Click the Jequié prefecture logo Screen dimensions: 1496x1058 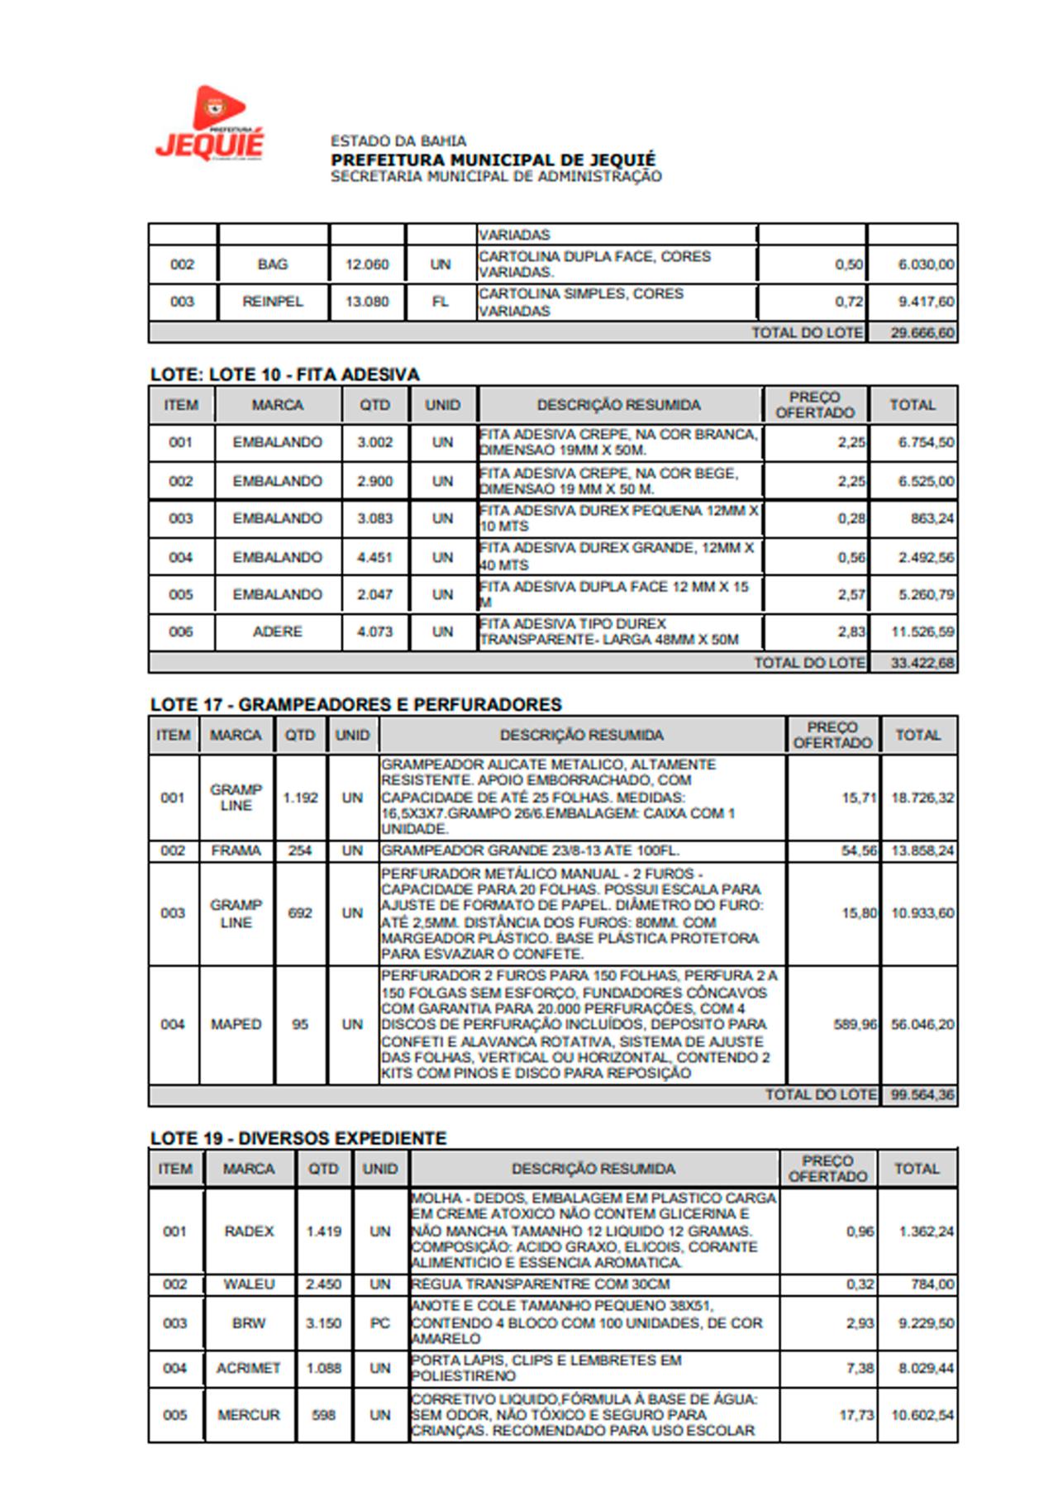coord(211,124)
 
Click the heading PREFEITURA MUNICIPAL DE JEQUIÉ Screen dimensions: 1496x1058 coord(493,160)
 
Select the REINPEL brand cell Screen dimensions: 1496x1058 coord(273,302)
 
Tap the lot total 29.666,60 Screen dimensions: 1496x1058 coord(922,333)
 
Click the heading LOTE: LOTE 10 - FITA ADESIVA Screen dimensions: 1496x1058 coord(285,374)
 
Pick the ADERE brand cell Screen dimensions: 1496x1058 coord(278,631)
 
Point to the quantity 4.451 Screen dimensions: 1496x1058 coord(374,557)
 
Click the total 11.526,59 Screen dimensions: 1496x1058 coord(922,631)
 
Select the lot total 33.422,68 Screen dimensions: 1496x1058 coord(922,663)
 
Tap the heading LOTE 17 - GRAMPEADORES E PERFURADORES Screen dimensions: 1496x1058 coord(355,705)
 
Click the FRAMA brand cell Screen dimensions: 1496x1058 coord(236,850)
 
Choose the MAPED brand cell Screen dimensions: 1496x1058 coord(236,1024)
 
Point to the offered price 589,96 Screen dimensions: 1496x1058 coord(855,1024)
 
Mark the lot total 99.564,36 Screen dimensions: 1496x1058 coord(922,1095)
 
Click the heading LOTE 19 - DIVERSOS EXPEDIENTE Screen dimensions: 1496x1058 coord(298,1138)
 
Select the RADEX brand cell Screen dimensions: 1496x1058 coord(249,1231)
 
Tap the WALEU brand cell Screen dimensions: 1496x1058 coord(249,1284)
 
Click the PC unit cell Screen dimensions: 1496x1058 coord(379,1323)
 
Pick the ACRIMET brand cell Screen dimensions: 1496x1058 coord(249,1368)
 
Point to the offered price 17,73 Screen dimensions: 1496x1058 coord(856,1415)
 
